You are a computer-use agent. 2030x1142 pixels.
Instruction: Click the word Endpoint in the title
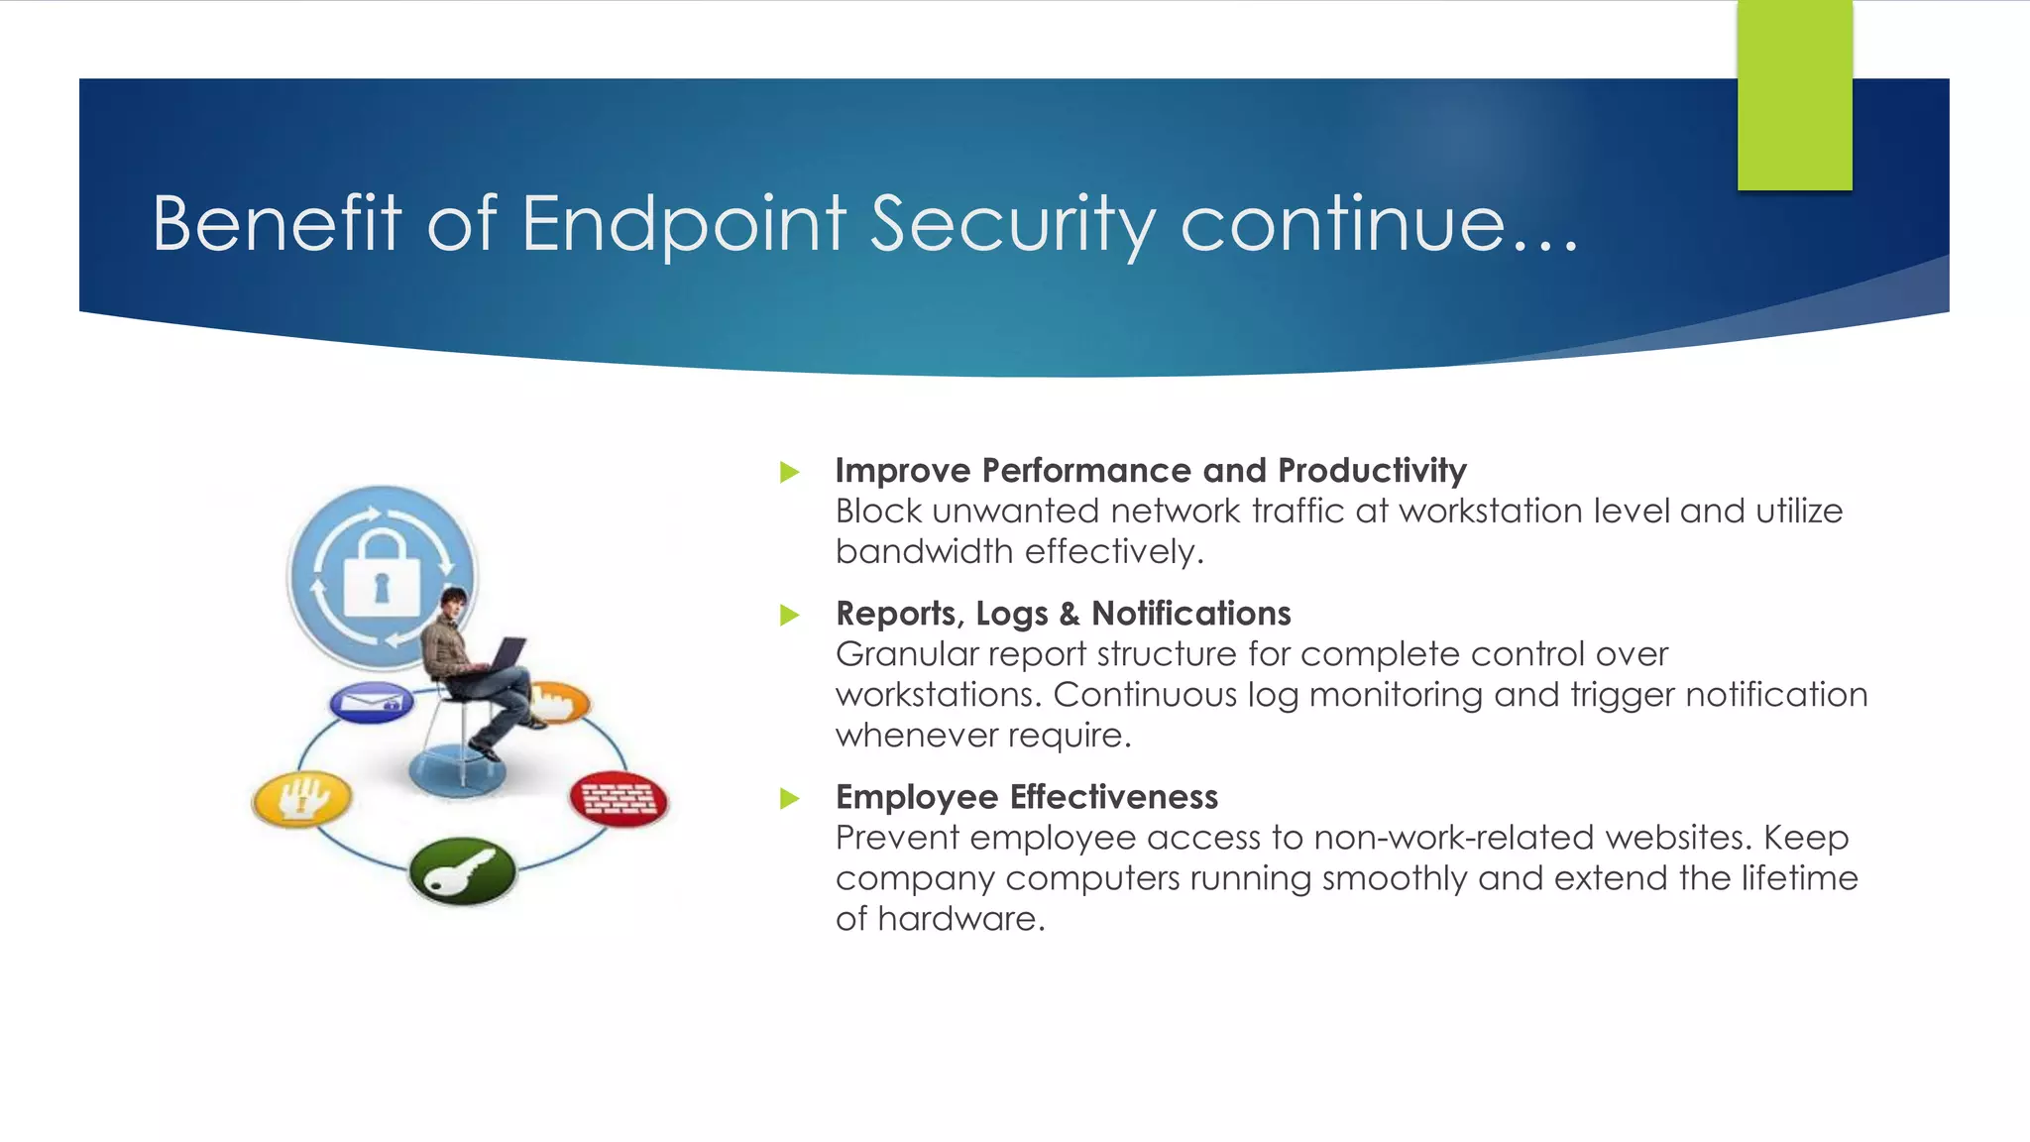(x=684, y=224)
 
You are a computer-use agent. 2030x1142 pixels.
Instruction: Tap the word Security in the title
(x=1013, y=224)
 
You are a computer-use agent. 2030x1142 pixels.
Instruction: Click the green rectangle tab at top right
(x=1794, y=95)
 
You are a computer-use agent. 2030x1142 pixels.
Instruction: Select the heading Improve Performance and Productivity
(x=1150, y=470)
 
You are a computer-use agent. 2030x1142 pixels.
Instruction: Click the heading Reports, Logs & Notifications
(x=1063, y=614)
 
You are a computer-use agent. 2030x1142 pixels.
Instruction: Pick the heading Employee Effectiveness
(x=1026, y=797)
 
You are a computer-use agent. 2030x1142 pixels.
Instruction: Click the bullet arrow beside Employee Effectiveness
(x=789, y=798)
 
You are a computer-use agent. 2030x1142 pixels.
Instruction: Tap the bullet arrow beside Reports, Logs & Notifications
(x=789, y=615)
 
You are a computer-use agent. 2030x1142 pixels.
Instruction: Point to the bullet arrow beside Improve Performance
(x=789, y=472)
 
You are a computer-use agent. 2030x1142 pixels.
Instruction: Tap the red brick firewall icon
(x=619, y=798)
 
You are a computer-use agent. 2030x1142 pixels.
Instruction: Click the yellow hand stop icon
(x=301, y=798)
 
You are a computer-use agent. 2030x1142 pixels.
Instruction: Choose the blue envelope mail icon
(x=371, y=703)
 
